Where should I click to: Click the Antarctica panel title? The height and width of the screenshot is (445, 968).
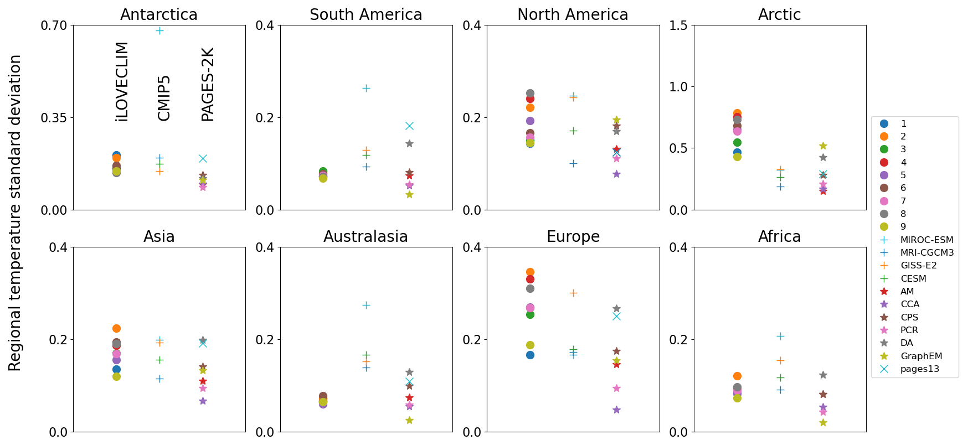(x=159, y=14)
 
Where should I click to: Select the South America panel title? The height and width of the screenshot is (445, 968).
(x=365, y=14)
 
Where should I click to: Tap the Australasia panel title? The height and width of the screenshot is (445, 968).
(x=365, y=236)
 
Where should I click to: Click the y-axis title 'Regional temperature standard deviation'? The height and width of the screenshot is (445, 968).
(x=15, y=213)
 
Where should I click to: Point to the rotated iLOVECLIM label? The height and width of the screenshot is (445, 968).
(x=122, y=81)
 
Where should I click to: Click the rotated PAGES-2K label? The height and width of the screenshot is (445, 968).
(x=208, y=84)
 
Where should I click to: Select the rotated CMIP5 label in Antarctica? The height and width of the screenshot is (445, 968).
(x=164, y=98)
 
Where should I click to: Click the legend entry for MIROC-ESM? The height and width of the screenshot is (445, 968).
(x=926, y=240)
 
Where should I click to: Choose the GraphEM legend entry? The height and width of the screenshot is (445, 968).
(x=921, y=356)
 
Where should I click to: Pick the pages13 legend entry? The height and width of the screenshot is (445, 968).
(x=919, y=369)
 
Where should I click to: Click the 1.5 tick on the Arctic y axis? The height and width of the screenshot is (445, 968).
(x=678, y=25)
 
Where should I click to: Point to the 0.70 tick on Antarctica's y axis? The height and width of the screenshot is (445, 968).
(x=53, y=25)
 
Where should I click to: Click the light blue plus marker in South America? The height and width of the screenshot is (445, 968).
(x=366, y=88)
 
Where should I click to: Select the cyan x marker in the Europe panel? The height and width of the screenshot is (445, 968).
(x=616, y=316)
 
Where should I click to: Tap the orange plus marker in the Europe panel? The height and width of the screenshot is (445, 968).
(x=573, y=293)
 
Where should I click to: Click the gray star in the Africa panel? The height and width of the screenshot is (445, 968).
(x=823, y=375)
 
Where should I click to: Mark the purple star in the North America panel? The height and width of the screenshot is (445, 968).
(x=616, y=174)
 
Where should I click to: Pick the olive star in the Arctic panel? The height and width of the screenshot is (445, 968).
(x=823, y=146)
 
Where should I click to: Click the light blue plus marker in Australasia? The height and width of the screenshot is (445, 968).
(x=366, y=305)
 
